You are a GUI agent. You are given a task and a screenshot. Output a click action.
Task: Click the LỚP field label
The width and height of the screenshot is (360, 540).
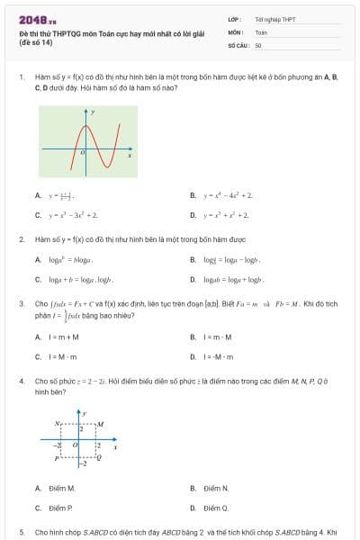(x=234, y=18)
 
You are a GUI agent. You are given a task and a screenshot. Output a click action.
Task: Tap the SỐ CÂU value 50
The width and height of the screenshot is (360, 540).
(x=258, y=44)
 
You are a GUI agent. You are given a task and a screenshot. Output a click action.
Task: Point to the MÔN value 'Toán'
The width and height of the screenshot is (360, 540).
(x=261, y=31)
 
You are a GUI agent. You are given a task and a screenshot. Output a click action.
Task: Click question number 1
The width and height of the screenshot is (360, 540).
(x=21, y=77)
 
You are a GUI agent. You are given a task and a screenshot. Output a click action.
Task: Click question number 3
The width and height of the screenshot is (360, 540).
(x=21, y=304)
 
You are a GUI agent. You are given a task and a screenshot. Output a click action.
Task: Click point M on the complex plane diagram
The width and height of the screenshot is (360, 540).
(x=100, y=423)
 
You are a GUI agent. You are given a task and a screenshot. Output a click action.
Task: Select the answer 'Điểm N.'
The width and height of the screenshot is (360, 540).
(x=216, y=489)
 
